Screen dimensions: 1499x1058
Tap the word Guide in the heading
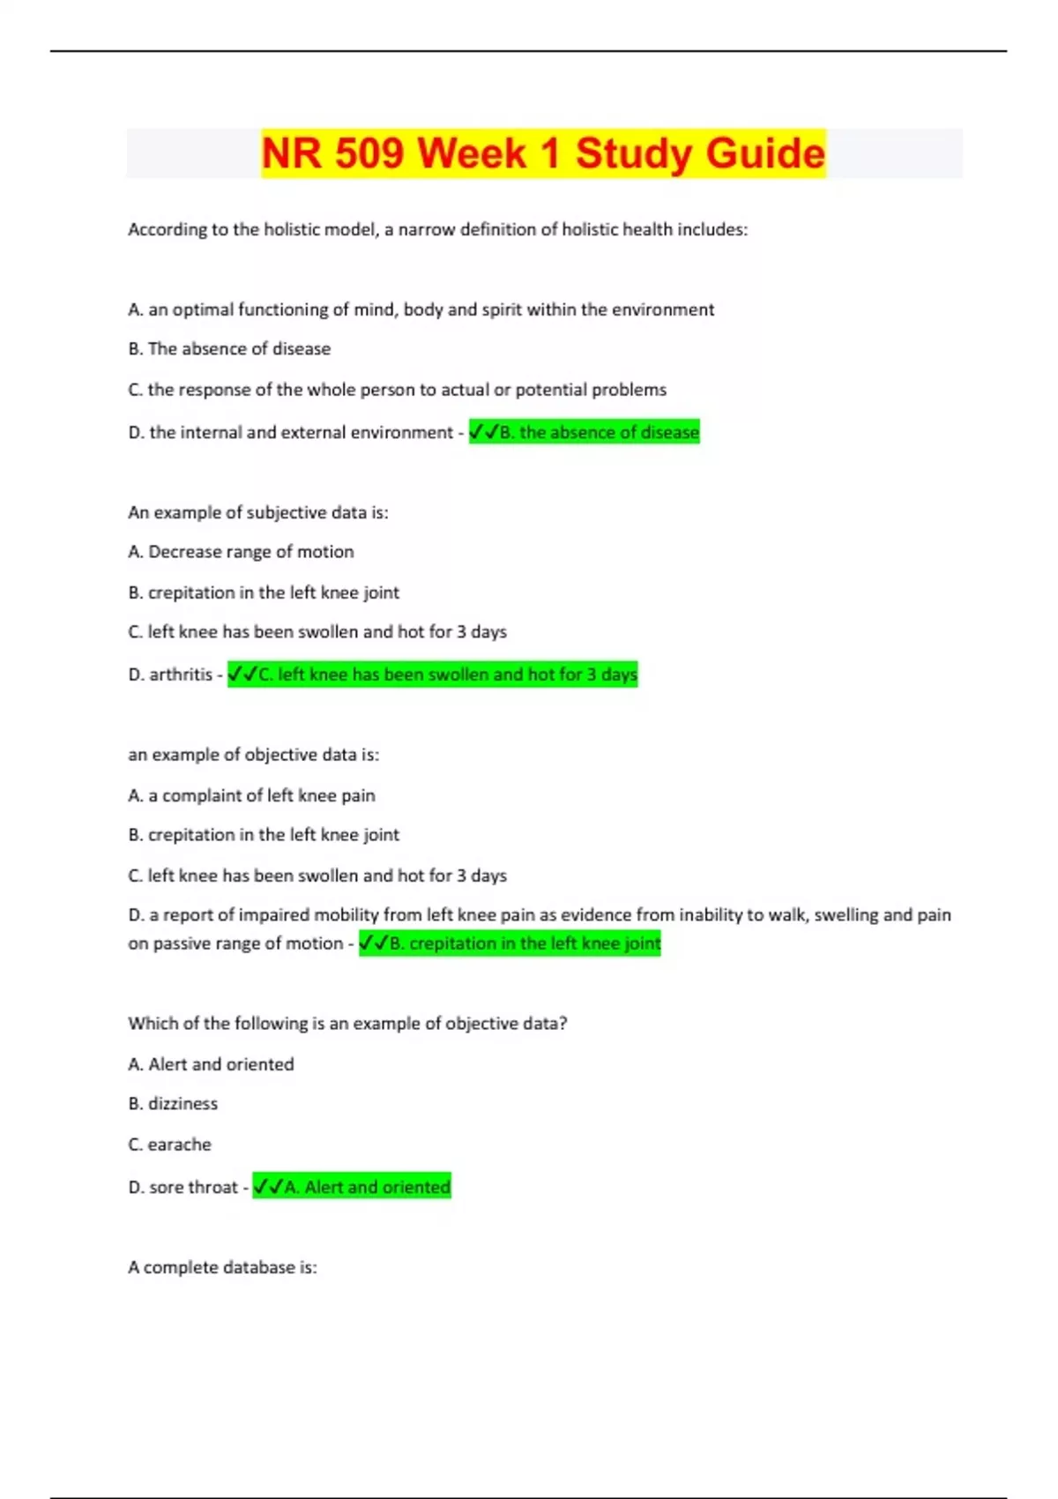click(765, 153)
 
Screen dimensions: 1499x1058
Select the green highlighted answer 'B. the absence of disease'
click(584, 432)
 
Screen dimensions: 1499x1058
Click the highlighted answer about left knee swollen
click(432, 675)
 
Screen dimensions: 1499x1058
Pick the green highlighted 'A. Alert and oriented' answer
click(352, 1187)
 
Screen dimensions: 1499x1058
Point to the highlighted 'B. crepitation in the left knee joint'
click(510, 943)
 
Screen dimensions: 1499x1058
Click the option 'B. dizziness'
click(173, 1104)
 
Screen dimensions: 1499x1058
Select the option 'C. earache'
click(170, 1145)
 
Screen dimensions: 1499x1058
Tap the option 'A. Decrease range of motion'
click(241, 552)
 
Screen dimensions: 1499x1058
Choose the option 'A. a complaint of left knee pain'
click(251, 795)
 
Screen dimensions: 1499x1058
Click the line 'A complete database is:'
click(222, 1267)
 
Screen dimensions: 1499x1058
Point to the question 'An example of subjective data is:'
click(257, 512)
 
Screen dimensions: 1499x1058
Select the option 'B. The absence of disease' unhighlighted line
click(229, 349)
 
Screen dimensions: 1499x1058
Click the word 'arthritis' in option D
click(181, 675)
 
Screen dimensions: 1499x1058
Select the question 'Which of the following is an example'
click(347, 1024)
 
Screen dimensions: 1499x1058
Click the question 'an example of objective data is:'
click(254, 755)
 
